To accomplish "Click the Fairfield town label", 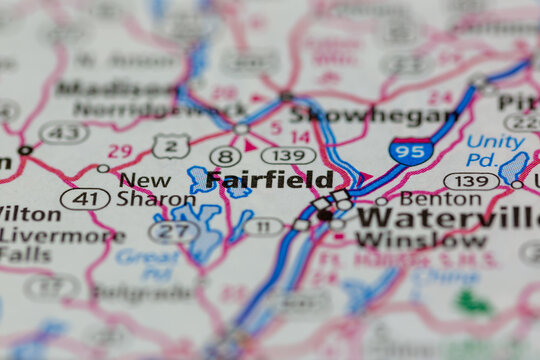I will point(270,181).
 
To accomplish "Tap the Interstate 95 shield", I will point(411,151).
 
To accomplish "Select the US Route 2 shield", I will point(171,146).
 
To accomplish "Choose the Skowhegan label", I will point(377,110).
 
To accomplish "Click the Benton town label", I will point(426,199).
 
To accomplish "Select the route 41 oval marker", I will point(85,199).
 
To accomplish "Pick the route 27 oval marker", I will point(174,232).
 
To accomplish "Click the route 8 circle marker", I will point(227,156).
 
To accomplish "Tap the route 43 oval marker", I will point(63,132).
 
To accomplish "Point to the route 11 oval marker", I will point(263,227).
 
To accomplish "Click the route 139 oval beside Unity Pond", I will point(472,181).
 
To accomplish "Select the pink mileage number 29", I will point(120,151).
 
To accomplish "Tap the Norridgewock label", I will point(118,108).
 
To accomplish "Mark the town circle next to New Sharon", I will point(103,169).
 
